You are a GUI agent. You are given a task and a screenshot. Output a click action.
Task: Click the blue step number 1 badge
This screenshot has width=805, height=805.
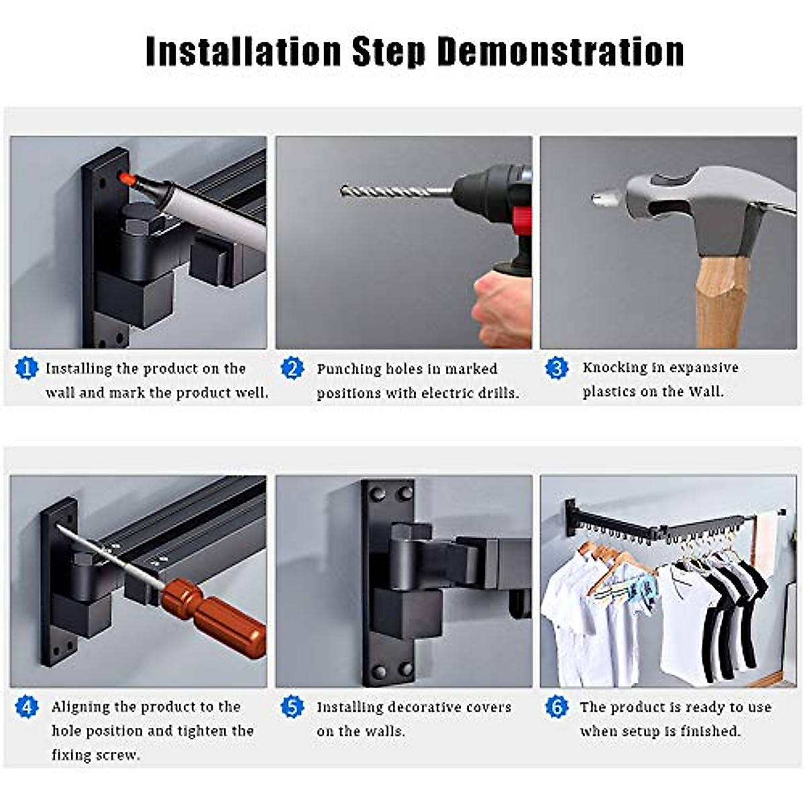[26, 368]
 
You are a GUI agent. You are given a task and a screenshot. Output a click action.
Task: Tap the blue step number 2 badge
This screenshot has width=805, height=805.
[292, 368]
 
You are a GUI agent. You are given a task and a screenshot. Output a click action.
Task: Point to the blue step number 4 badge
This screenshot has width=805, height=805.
[26, 706]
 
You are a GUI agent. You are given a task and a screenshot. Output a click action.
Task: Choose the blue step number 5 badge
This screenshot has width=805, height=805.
[292, 706]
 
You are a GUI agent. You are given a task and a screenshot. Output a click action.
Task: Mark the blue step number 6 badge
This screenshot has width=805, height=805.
[556, 706]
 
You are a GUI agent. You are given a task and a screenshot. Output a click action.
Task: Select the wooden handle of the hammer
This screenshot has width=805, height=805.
[720, 303]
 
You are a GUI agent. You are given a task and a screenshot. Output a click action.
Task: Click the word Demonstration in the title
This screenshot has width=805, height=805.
[561, 52]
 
